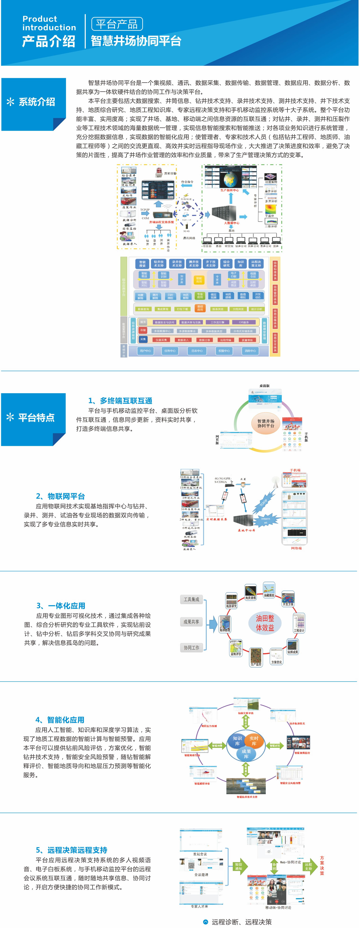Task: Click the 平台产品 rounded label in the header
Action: click(x=117, y=24)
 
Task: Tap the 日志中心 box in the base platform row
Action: click(x=197, y=350)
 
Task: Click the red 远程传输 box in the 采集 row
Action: click(x=226, y=340)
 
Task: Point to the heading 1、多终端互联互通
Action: click(x=120, y=401)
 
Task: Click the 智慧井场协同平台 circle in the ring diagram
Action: click(x=266, y=423)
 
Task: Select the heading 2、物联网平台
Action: click(x=60, y=496)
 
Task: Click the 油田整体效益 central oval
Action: click(x=265, y=623)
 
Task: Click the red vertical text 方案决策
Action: click(x=322, y=865)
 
